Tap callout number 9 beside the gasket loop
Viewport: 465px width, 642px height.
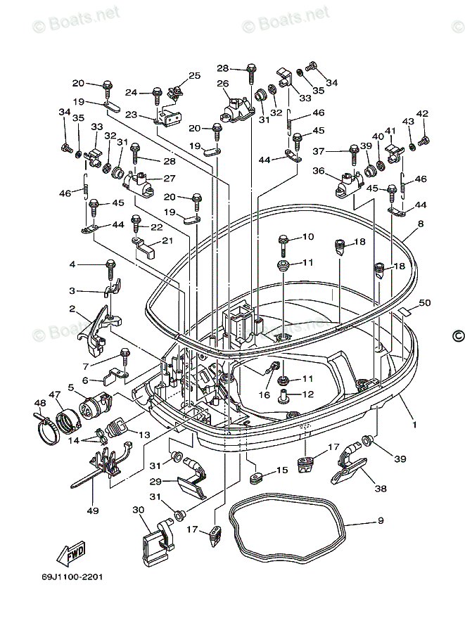point(381,521)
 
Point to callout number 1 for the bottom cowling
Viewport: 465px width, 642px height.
point(414,425)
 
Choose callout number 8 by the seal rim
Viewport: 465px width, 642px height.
point(420,224)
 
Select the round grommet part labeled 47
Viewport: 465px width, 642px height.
point(68,422)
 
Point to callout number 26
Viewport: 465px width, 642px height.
point(222,84)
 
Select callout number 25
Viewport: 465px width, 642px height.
point(194,75)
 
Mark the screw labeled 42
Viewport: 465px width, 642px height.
point(423,141)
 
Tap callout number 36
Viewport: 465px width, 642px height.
point(319,171)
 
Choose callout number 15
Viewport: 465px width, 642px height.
point(281,470)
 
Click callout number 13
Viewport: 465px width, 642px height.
point(144,435)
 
